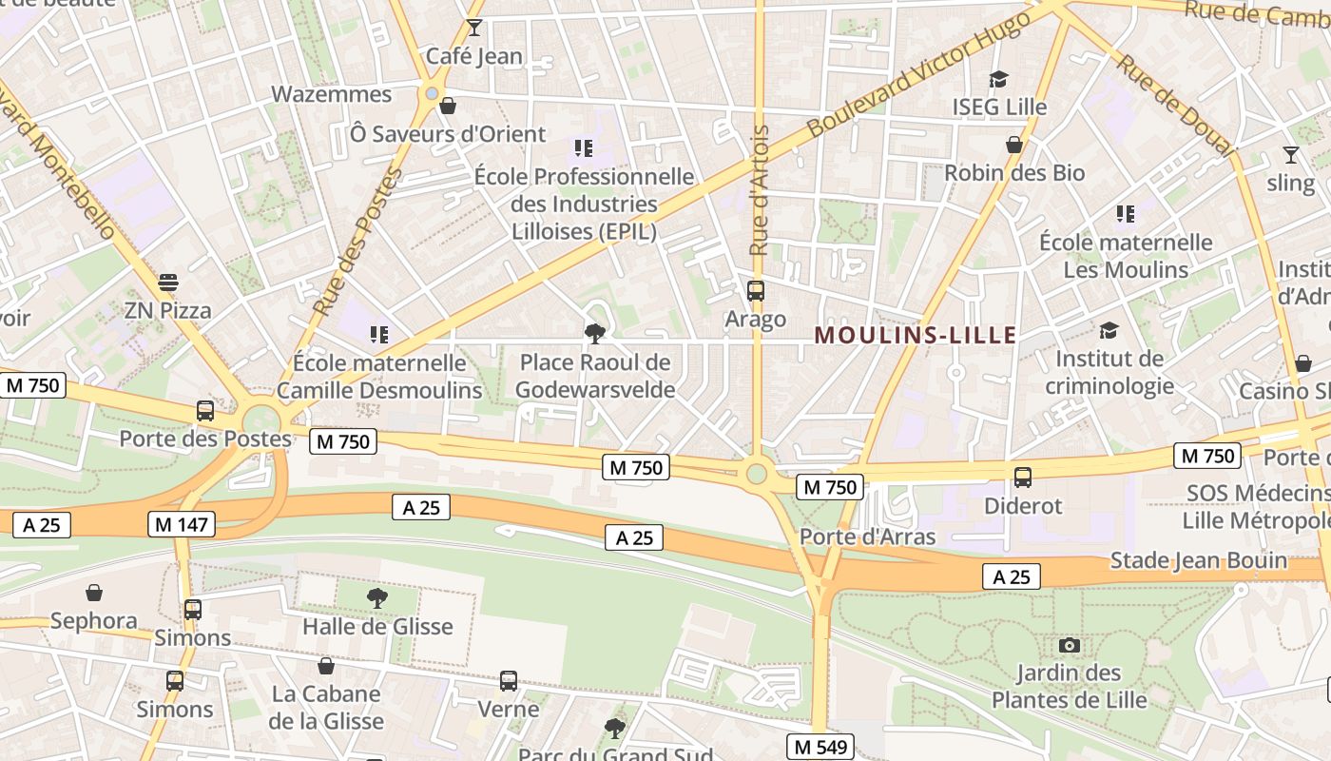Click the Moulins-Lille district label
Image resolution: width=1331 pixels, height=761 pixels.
[x=916, y=335]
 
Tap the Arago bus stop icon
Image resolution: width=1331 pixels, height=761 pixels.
[x=756, y=291]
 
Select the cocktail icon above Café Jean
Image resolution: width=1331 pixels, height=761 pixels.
[x=473, y=28]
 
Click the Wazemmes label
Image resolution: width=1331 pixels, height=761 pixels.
[x=331, y=94]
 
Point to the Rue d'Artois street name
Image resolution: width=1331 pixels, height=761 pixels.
[x=758, y=190]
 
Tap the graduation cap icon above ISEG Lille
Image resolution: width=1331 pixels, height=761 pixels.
[x=998, y=79]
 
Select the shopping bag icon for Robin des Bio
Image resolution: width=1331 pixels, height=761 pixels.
[x=1014, y=145]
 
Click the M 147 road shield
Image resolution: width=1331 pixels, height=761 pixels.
[x=182, y=523]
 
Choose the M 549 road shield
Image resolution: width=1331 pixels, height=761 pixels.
[x=820, y=747]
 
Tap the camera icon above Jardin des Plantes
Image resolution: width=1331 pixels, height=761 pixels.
[x=1070, y=646]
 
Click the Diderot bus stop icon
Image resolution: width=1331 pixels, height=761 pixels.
[x=1023, y=478]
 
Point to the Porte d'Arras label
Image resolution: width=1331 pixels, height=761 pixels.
[x=867, y=537]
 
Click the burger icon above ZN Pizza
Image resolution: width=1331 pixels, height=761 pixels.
[x=168, y=283]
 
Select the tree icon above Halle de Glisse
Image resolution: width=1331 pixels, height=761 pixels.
[x=377, y=598]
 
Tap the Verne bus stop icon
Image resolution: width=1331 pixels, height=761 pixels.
[x=509, y=681]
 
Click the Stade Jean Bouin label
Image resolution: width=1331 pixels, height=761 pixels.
[x=1198, y=560]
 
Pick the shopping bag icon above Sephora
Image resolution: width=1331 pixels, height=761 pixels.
[x=94, y=594]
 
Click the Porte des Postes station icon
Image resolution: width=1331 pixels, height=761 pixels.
[x=204, y=411]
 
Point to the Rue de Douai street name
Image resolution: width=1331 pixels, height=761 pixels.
[x=1175, y=105]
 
